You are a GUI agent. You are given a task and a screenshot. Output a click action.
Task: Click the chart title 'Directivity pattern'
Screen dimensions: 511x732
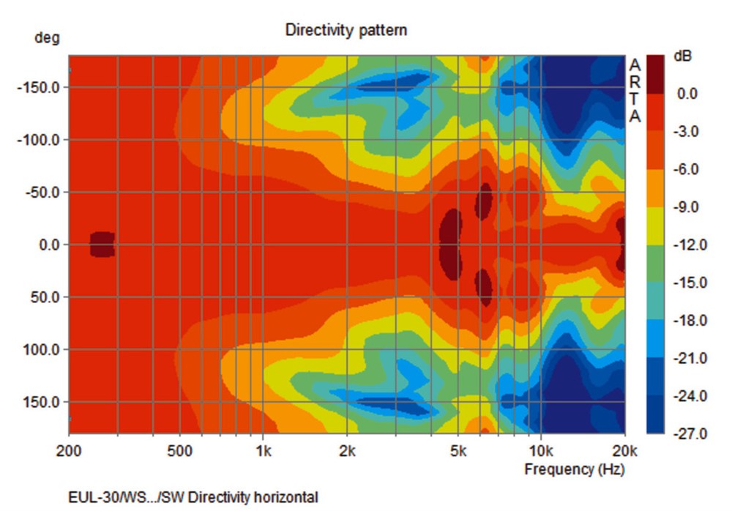coord(346,30)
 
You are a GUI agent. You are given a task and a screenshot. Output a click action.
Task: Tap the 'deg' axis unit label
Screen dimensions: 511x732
coord(47,37)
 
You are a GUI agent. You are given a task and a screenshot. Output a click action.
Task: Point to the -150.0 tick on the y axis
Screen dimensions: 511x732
coord(42,87)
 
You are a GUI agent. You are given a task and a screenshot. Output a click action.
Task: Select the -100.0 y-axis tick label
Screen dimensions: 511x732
coord(42,140)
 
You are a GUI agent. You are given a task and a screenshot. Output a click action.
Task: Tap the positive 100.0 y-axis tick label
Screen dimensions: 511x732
coord(45,350)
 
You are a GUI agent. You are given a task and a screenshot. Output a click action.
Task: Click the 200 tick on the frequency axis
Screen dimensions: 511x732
coord(69,451)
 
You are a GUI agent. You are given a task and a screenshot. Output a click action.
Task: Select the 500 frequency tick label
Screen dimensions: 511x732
coord(180,451)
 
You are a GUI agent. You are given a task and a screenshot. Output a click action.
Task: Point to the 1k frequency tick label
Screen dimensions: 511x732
coord(264,451)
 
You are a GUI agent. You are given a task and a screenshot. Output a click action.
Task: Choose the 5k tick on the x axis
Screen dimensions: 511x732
coord(458,451)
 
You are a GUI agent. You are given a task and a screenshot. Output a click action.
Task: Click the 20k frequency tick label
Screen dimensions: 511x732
coord(624,451)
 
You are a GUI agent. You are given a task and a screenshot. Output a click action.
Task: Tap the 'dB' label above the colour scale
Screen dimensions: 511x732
coord(681,56)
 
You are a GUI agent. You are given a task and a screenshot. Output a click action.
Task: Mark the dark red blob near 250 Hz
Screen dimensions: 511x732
coord(102,245)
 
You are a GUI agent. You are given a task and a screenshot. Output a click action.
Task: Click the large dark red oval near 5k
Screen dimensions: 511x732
coord(451,245)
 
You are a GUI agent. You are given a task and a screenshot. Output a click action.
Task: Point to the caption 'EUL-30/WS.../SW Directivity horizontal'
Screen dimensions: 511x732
coord(193,498)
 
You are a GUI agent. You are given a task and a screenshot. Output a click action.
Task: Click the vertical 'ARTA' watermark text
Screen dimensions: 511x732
coord(635,92)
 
